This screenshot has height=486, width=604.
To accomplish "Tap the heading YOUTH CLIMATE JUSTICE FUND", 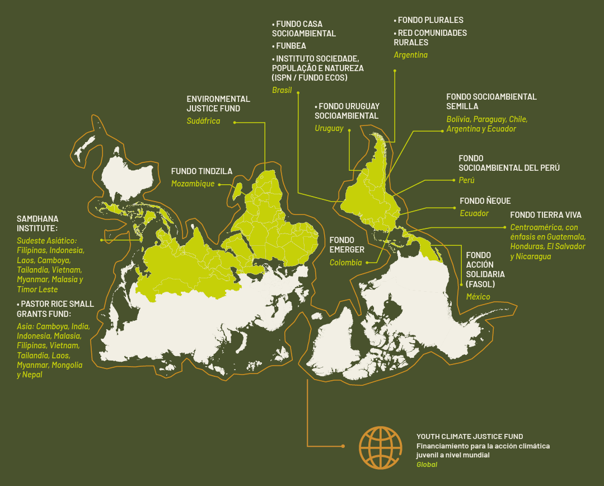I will pos(470,436).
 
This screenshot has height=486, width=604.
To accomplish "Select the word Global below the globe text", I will pos(427,465).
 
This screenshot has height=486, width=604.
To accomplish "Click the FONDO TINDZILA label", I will pos(202,171).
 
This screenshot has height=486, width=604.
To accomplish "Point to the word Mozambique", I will pos(193,184).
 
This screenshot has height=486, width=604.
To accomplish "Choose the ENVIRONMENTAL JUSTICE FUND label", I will pos(218,104).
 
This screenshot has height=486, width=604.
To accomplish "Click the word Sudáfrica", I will pos(203,121).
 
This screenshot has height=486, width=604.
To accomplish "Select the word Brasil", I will pos(282,90).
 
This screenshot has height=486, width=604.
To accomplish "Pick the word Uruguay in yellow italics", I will pos(329,128).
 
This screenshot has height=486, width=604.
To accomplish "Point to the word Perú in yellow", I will pos(466,180).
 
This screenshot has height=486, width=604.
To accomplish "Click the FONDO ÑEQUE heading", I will pos(485,201).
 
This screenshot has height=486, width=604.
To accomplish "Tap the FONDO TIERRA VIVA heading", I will pos(546,215).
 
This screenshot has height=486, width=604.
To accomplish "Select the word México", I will pos(478,297).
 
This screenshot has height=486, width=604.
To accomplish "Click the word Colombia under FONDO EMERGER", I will pos(345,263).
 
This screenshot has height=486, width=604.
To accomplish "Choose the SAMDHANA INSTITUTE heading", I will pos(38,223).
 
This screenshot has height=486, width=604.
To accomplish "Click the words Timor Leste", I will pos(37,289).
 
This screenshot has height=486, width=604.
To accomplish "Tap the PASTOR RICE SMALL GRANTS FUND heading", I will pos(55,309).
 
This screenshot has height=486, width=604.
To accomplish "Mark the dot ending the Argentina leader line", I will pos(395,71).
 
